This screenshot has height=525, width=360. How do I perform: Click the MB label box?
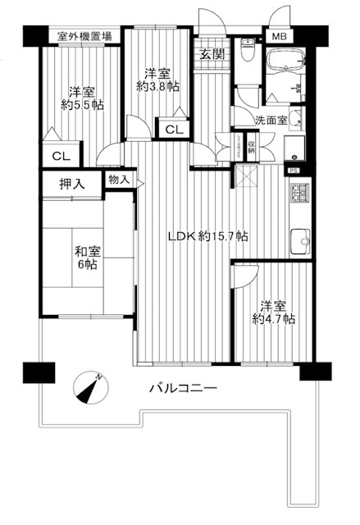(280, 37)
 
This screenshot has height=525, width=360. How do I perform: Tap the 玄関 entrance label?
(212, 55)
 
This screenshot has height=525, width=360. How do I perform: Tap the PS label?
(293, 171)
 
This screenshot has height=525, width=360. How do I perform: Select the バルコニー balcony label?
(183, 388)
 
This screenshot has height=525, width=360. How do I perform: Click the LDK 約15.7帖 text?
(208, 236)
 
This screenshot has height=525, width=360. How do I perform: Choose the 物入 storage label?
(118, 179)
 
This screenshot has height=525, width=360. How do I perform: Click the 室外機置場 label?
(85, 37)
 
